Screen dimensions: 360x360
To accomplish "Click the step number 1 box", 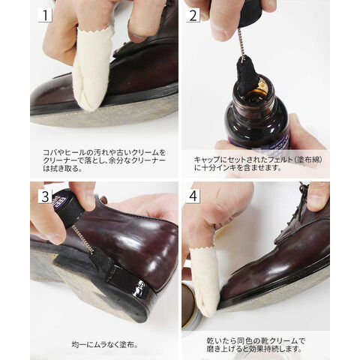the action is (x=45, y=15).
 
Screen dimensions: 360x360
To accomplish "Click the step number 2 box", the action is (x=193, y=15).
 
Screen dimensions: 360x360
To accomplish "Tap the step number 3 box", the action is (x=45, y=196).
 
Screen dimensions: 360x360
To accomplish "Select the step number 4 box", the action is (x=193, y=196).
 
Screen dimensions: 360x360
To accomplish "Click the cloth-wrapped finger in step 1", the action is (x=91, y=67).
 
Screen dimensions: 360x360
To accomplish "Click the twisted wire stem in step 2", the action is (x=241, y=43).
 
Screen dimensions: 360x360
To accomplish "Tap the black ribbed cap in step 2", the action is (x=247, y=13).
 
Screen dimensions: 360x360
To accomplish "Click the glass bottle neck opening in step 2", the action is (x=255, y=86).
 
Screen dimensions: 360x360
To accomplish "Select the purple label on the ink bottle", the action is (x=268, y=144).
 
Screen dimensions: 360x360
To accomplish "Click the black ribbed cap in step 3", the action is (x=69, y=208).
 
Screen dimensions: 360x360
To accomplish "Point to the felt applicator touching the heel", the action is (x=103, y=260).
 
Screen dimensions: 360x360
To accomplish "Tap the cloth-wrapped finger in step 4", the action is (x=205, y=280).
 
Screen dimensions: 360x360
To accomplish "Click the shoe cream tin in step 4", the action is (x=190, y=306).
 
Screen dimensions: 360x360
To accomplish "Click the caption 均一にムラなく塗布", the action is (x=105, y=345).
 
